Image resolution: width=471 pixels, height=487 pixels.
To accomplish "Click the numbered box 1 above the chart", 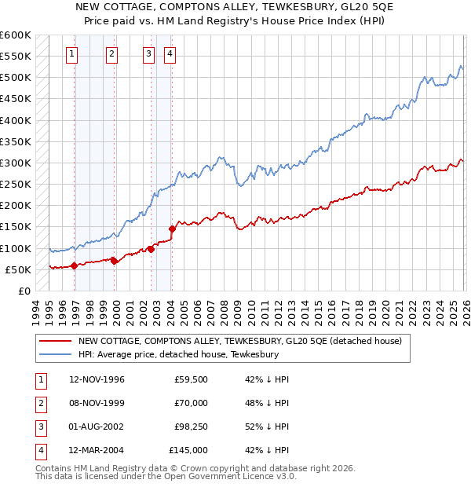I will pyautogui.click(x=71, y=54).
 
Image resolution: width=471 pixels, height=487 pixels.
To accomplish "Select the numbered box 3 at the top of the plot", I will pyautogui.click(x=148, y=54).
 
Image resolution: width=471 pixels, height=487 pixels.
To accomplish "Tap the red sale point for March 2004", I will pyautogui.click(x=172, y=229).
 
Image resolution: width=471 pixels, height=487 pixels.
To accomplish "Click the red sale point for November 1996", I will pyautogui.click(x=75, y=265).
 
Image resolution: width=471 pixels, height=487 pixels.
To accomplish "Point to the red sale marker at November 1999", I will pyautogui.click(x=114, y=261).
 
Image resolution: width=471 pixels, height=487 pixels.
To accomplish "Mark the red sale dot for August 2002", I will pyautogui.click(x=151, y=249).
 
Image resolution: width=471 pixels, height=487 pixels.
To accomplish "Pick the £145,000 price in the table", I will pyautogui.click(x=188, y=450).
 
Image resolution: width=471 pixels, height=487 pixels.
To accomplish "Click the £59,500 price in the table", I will pyautogui.click(x=191, y=379).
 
